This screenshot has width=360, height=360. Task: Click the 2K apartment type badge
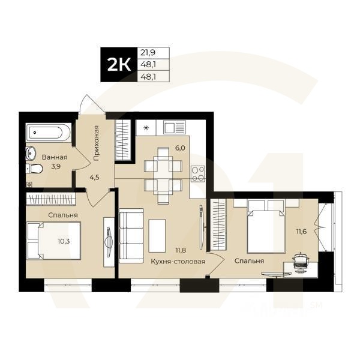[118, 65]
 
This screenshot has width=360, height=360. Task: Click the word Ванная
[55, 158]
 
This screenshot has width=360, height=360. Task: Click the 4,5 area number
[95, 177]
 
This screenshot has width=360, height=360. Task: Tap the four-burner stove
[198, 173]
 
